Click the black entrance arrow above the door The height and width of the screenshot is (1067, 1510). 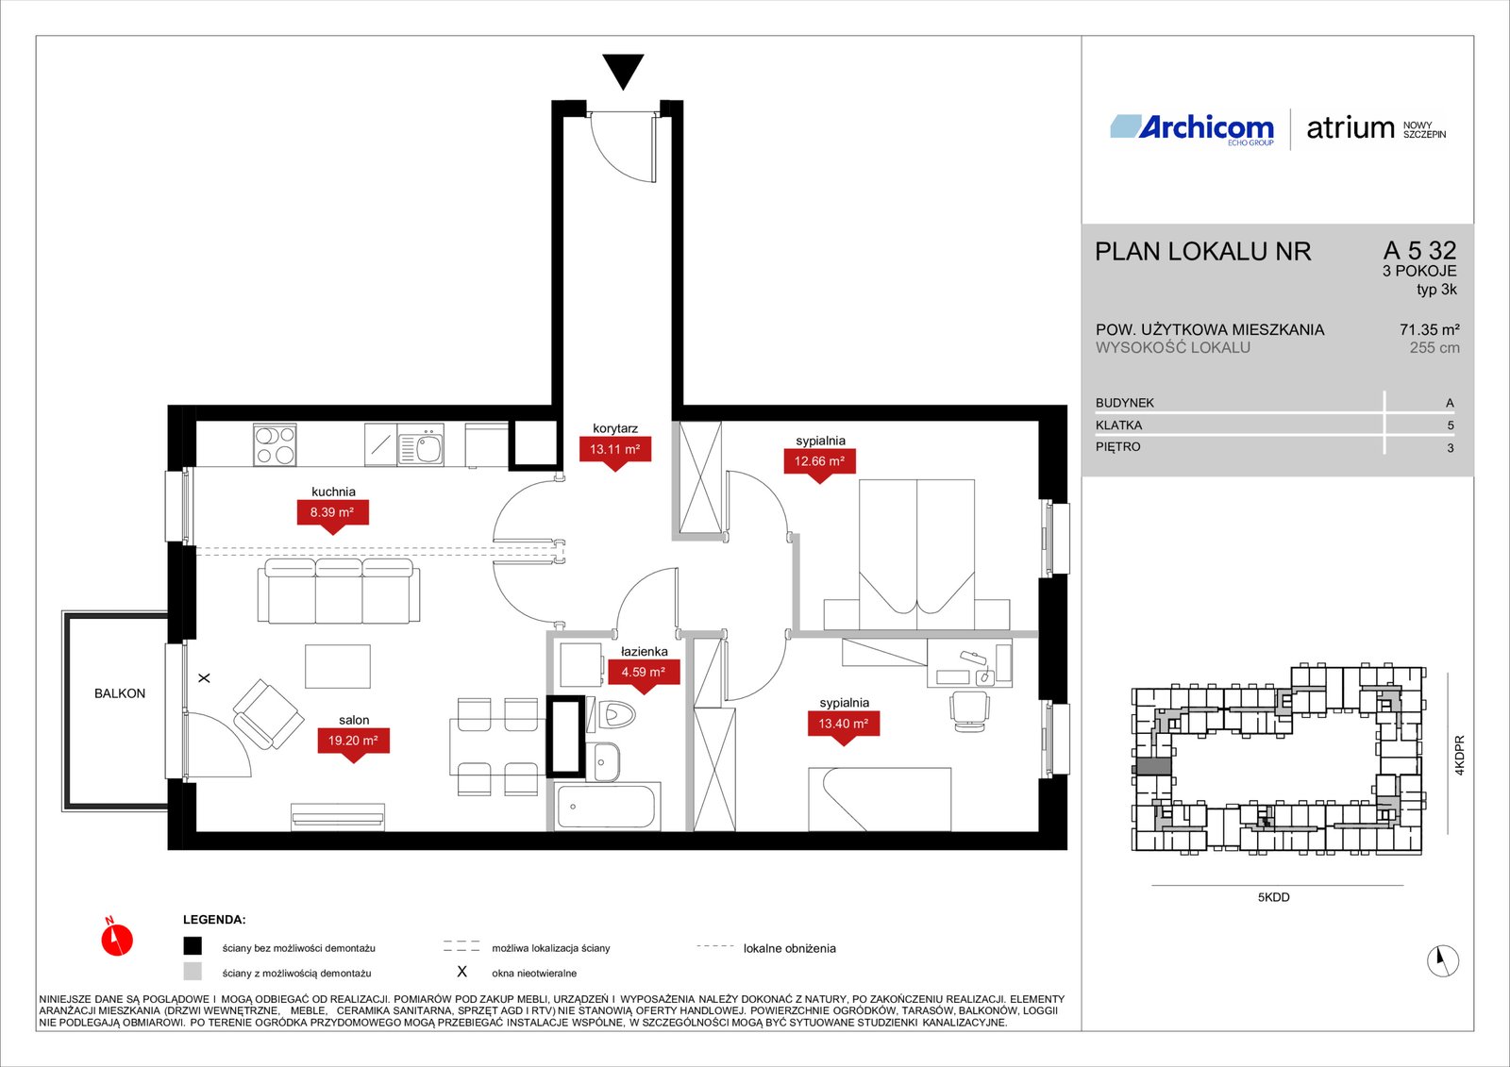point(623,70)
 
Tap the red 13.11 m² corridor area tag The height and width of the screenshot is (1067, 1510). point(614,452)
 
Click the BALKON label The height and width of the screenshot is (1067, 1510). point(119,692)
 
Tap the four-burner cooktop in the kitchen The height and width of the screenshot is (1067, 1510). point(275,444)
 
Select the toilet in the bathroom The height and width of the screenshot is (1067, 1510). point(612,714)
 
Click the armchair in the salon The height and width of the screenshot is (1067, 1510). point(268,713)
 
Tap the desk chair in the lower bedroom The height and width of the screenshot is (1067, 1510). point(969,711)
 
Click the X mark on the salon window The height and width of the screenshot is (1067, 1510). point(204,678)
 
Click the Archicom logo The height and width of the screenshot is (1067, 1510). point(1192,128)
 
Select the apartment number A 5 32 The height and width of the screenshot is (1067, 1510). point(1419,251)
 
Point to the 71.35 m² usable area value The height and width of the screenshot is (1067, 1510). point(1429,329)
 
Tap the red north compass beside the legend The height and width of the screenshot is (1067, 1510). point(117,938)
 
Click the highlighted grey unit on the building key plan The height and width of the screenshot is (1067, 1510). point(1152,766)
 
